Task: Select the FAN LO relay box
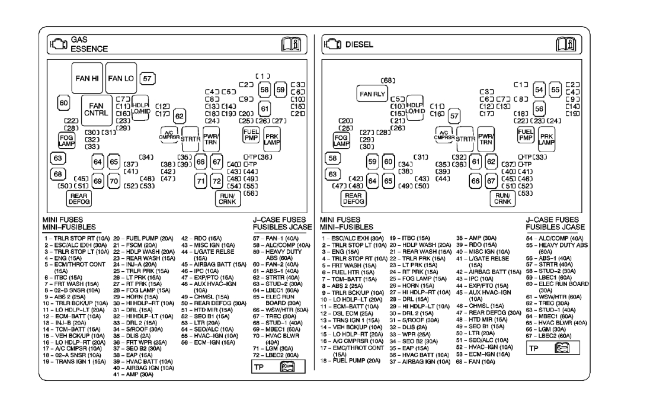121,78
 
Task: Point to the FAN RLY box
370,94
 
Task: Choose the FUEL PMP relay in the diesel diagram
524,134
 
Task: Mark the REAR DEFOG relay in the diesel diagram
353,199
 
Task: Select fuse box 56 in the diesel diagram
539,108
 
